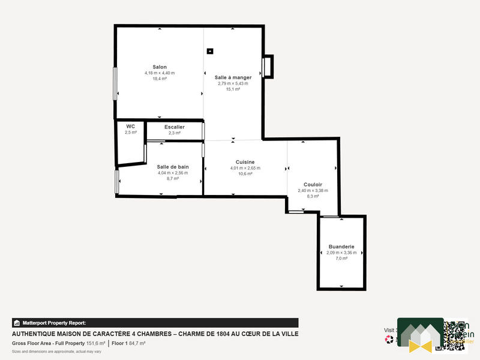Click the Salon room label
(159, 67)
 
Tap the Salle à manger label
(233, 77)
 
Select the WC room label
(130, 126)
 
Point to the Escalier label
(174, 127)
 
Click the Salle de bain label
(173, 167)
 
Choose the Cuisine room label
(245, 162)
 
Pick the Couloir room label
(313, 184)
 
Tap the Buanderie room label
(341, 247)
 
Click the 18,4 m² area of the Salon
(159, 79)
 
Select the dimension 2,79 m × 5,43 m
(233, 83)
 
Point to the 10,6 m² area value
(245, 174)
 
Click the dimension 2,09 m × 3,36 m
(341, 253)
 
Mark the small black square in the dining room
(209, 51)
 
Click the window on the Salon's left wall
(115, 83)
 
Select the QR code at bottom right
(455, 334)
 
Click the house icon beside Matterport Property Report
(17, 323)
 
